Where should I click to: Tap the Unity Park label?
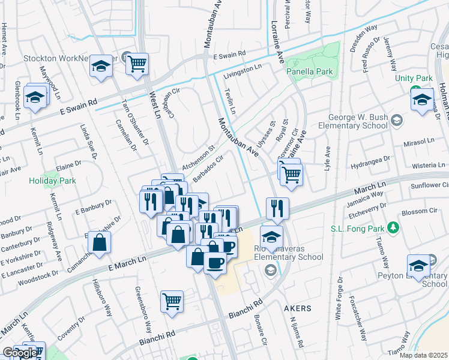tap(414, 79)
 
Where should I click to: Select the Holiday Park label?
tap(51, 180)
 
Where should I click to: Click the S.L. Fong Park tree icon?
tap(393, 227)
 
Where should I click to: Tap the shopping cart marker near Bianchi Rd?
tap(172, 302)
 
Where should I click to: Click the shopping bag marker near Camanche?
tap(100, 243)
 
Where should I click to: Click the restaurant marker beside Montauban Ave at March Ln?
tap(277, 209)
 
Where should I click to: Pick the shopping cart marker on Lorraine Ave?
tap(292, 175)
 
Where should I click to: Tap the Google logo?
tap(19, 353)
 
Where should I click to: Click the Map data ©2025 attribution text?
tap(423, 355)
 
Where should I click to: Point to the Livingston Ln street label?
tap(244, 73)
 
